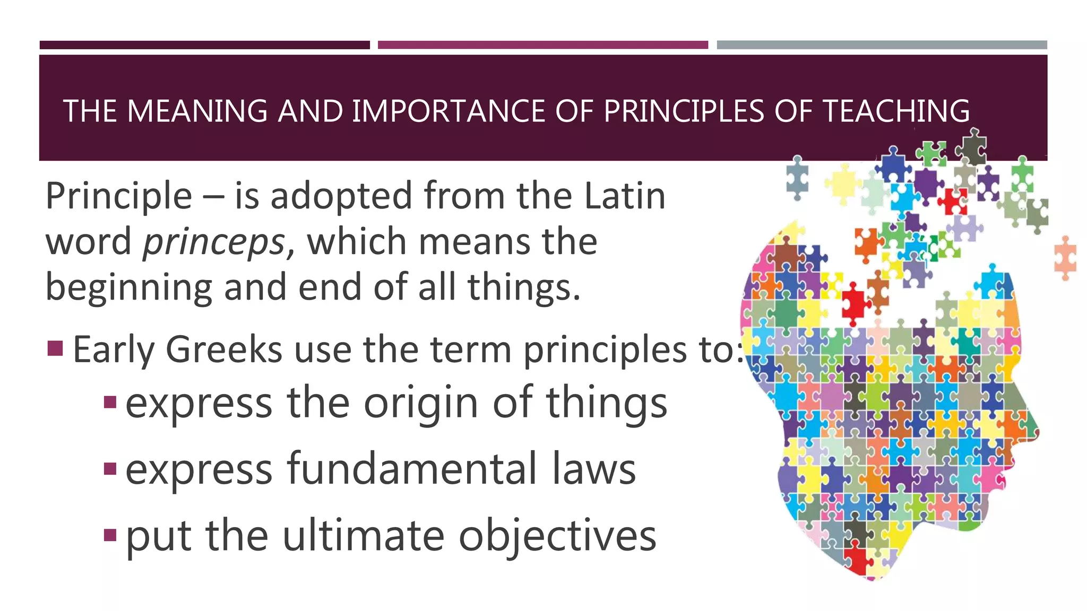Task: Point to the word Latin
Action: [625, 196]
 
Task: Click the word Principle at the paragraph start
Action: [118, 197]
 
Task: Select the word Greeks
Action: [224, 350]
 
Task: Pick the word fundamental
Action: [412, 469]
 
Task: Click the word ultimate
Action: [363, 535]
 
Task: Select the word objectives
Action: [557, 536]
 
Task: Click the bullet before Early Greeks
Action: [55, 348]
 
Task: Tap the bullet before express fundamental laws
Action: [110, 469]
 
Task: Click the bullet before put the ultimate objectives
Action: [110, 535]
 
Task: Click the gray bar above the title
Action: [882, 45]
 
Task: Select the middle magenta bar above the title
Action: [542, 45]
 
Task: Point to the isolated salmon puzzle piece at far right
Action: [1065, 258]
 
